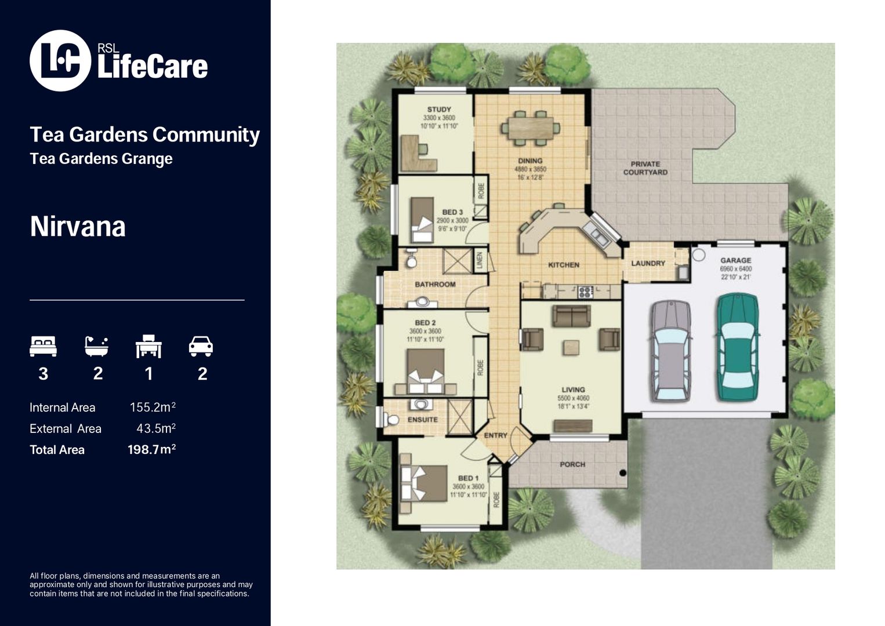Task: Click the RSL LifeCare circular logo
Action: [60, 61]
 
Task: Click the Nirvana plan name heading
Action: [78, 227]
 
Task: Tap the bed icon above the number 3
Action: [43, 346]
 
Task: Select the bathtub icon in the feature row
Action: [96, 346]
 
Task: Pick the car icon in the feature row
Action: [201, 346]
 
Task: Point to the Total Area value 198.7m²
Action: [151, 449]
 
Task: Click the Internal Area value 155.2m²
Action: [153, 407]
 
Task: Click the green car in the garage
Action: [737, 347]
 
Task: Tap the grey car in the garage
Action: [671, 351]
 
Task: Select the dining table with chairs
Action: [531, 128]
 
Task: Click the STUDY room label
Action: [439, 110]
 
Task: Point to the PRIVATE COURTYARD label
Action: [645, 168]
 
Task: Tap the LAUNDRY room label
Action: [648, 263]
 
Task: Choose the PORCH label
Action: [572, 464]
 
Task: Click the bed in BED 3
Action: [422, 220]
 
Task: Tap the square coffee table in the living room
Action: [571, 347]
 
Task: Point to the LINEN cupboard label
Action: [480, 260]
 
